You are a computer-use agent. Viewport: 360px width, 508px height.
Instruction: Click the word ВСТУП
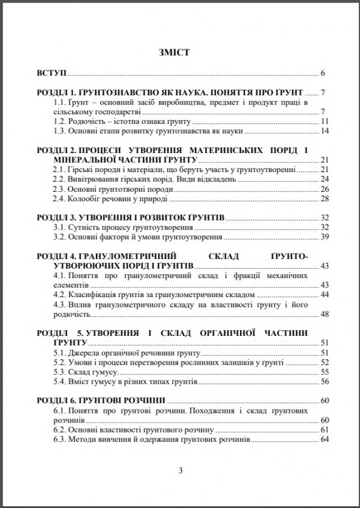51,72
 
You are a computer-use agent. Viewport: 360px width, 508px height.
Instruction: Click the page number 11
323,122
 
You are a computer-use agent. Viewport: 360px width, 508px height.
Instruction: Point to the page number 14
323,131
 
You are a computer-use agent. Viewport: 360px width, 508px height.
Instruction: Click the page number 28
323,199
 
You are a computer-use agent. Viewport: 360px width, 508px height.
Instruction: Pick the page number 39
323,237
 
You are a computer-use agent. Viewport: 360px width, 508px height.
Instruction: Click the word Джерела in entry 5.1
86,352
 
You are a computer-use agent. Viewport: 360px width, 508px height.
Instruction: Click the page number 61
323,429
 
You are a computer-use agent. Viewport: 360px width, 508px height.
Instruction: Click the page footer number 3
180,471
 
